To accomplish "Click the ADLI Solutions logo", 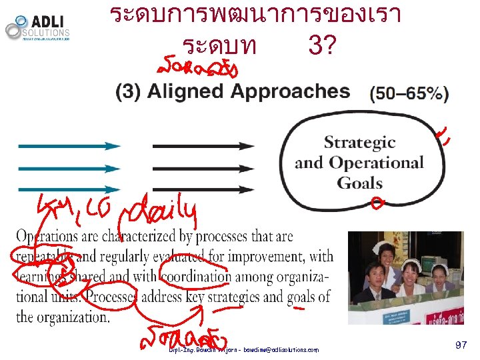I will (38, 28).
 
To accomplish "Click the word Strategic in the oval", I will (359, 143).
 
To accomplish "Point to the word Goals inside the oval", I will (359, 183).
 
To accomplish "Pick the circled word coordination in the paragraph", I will (190, 277).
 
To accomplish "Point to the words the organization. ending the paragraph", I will (63, 317).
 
